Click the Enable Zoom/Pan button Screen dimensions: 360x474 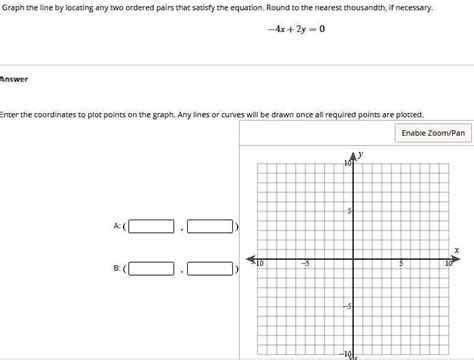(x=433, y=132)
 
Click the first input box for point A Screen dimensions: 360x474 (x=151, y=227)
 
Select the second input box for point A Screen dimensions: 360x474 (x=210, y=227)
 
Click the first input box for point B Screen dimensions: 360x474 (x=151, y=268)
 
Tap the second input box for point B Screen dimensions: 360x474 (x=210, y=268)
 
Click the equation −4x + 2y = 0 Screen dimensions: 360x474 (x=296, y=29)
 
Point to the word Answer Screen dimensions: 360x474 (x=14, y=79)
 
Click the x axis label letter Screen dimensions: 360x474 (x=456, y=250)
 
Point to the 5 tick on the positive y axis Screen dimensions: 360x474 (x=349, y=211)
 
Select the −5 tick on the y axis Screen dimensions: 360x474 (x=347, y=306)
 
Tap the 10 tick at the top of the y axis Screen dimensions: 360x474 (x=347, y=163)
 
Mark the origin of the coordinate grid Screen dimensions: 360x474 (x=354, y=257)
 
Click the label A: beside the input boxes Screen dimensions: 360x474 (x=119, y=227)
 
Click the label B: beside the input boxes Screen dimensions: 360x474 (x=119, y=268)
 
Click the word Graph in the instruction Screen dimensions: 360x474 (x=15, y=8)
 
